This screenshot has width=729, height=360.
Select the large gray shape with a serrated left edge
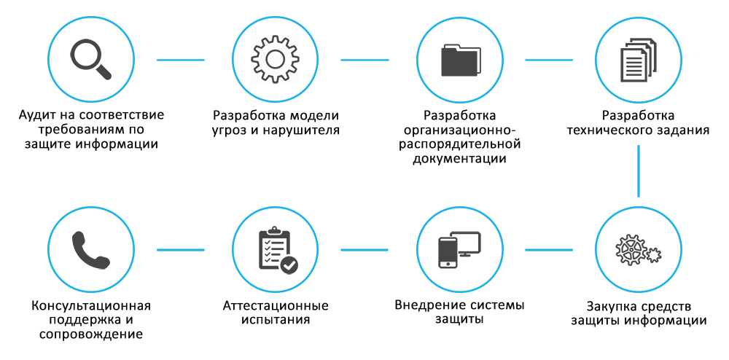(x=284, y=59)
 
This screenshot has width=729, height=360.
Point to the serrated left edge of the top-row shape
(x=253, y=59)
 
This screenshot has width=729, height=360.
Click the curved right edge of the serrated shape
(x=313, y=59)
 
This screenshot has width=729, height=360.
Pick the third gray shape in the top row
(x=471, y=60)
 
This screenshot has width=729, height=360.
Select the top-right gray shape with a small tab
(x=650, y=61)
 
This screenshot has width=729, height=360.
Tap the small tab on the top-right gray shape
(x=634, y=42)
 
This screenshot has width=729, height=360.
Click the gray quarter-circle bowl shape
(x=104, y=249)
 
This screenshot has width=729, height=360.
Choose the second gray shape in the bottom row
(x=287, y=249)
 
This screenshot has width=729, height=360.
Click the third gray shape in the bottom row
(x=469, y=250)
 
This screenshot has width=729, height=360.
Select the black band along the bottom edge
(x=364, y=332)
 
